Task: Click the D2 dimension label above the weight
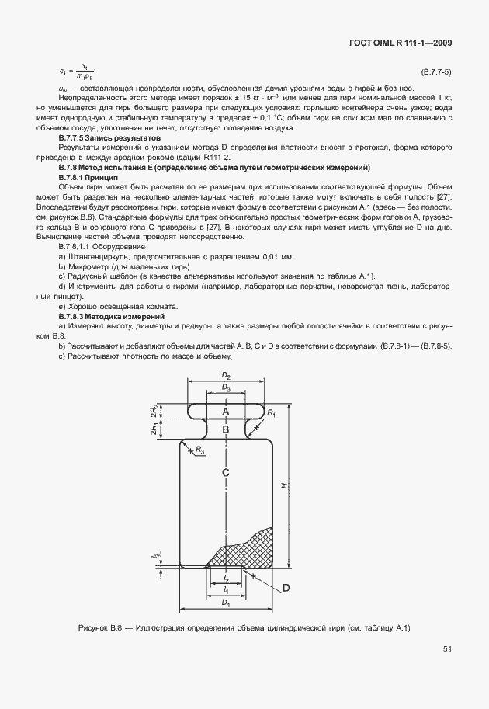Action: pyautogui.click(x=226, y=376)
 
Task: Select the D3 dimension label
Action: pyautogui.click(x=226, y=387)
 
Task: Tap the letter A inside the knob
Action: pyautogui.click(x=226, y=411)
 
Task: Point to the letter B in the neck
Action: pyautogui.click(x=226, y=429)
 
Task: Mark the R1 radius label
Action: pyautogui.click(x=272, y=415)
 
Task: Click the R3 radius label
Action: pyautogui.click(x=200, y=450)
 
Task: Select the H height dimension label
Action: pyautogui.click(x=285, y=485)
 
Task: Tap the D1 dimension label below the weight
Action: pyautogui.click(x=226, y=603)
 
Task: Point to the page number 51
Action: pyautogui.click(x=448, y=648)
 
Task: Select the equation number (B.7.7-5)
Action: pyautogui.click(x=435, y=72)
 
